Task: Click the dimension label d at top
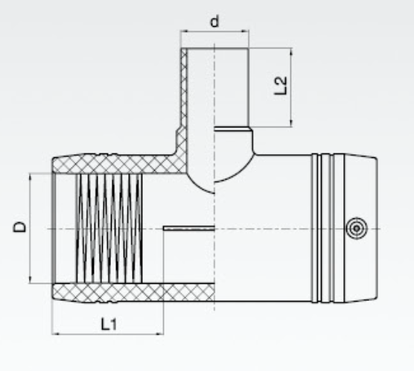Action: (214, 21)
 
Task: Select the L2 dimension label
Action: (281, 86)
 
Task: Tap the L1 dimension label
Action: (109, 324)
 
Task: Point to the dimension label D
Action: (20, 227)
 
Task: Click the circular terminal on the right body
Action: (357, 229)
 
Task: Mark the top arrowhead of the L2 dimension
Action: (291, 51)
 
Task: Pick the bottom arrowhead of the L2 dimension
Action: (291, 124)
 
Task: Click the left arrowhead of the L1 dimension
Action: (55, 334)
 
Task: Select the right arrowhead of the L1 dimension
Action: (160, 334)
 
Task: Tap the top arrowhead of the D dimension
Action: (30, 177)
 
